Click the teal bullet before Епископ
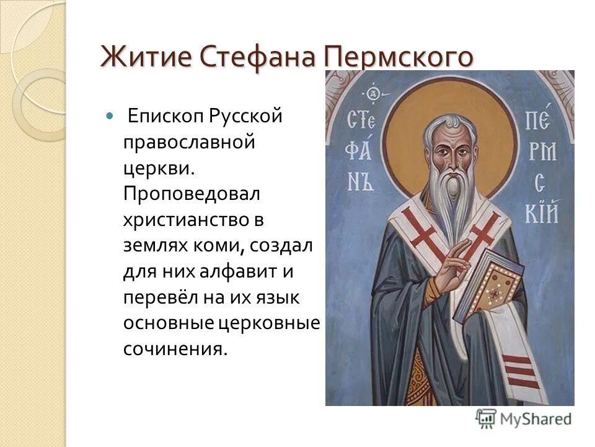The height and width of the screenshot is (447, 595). click(x=110, y=115)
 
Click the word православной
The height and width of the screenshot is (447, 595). click(x=190, y=142)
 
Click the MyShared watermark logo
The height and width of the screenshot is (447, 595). click(x=524, y=418)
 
